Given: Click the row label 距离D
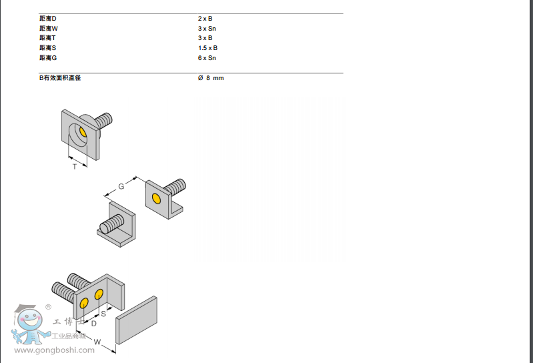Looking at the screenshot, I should click(x=48, y=19).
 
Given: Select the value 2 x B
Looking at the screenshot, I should click(x=205, y=19).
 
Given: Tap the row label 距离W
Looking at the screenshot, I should click(x=49, y=29).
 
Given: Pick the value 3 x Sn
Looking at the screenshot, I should click(x=207, y=29).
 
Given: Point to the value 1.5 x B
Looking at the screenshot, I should click(x=207, y=48).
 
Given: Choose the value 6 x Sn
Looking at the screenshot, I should click(x=207, y=58).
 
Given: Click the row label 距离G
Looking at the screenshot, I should click(x=48, y=58).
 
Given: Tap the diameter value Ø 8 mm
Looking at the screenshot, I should click(x=211, y=78).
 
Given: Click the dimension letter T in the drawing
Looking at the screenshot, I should click(x=75, y=166).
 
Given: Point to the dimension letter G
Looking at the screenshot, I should click(x=121, y=186).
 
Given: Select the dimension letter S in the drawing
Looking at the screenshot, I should click(x=103, y=313).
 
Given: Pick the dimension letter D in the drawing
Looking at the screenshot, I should click(x=93, y=323).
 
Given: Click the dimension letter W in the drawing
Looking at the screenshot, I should click(x=97, y=342).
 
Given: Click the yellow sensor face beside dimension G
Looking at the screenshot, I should click(x=156, y=199).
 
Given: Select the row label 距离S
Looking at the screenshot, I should click(x=48, y=48).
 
